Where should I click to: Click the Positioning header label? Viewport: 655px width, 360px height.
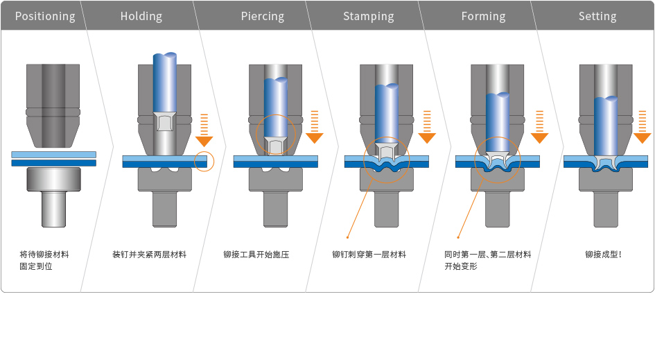[45, 16]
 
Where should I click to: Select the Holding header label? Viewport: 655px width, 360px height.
[141, 16]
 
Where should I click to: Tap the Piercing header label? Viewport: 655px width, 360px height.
[262, 16]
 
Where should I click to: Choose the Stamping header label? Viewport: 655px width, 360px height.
[368, 16]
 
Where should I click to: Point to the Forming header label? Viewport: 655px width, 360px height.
[483, 16]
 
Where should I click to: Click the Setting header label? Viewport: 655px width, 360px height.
[597, 16]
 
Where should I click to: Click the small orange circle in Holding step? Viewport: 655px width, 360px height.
[204, 161]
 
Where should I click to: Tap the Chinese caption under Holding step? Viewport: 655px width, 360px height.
[149, 255]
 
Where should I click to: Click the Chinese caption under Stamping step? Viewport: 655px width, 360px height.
[369, 255]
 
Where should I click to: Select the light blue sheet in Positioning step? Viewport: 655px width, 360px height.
[53, 154]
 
